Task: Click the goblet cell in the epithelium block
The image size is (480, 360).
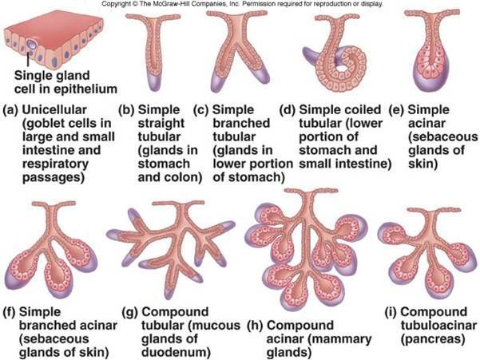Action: (31, 45)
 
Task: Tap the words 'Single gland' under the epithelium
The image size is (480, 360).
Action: (52, 75)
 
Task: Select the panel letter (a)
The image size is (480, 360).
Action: (10, 110)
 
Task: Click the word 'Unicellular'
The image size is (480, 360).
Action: (54, 109)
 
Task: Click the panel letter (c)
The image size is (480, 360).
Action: (200, 110)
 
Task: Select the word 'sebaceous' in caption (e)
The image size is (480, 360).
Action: (442, 136)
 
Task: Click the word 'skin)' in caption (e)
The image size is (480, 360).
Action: (422, 164)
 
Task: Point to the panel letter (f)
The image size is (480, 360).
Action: (9, 312)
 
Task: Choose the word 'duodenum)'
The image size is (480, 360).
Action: (176, 352)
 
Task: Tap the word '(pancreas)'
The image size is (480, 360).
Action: (433, 339)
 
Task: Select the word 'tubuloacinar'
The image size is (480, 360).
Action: (438, 326)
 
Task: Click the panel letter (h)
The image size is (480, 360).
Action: (255, 326)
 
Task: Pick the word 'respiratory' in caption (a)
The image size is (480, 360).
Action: (55, 164)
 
